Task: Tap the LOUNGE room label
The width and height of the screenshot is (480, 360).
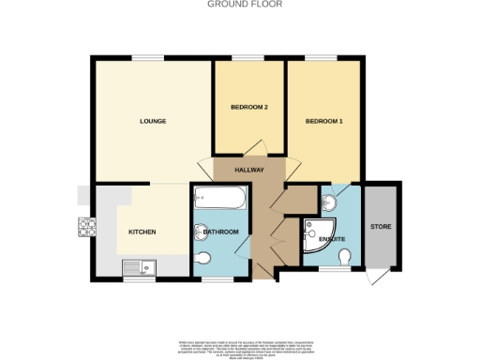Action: point(153,121)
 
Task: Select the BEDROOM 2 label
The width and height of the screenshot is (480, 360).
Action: point(250,108)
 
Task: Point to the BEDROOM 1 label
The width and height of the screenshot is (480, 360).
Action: point(324,121)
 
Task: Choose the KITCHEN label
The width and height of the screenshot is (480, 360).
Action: point(142,232)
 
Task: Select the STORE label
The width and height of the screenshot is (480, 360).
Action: point(380,226)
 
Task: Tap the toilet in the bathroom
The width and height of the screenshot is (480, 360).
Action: point(205,258)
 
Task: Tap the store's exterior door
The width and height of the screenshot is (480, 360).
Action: point(375,279)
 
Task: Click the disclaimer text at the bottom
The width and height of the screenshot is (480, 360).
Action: point(240,347)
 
